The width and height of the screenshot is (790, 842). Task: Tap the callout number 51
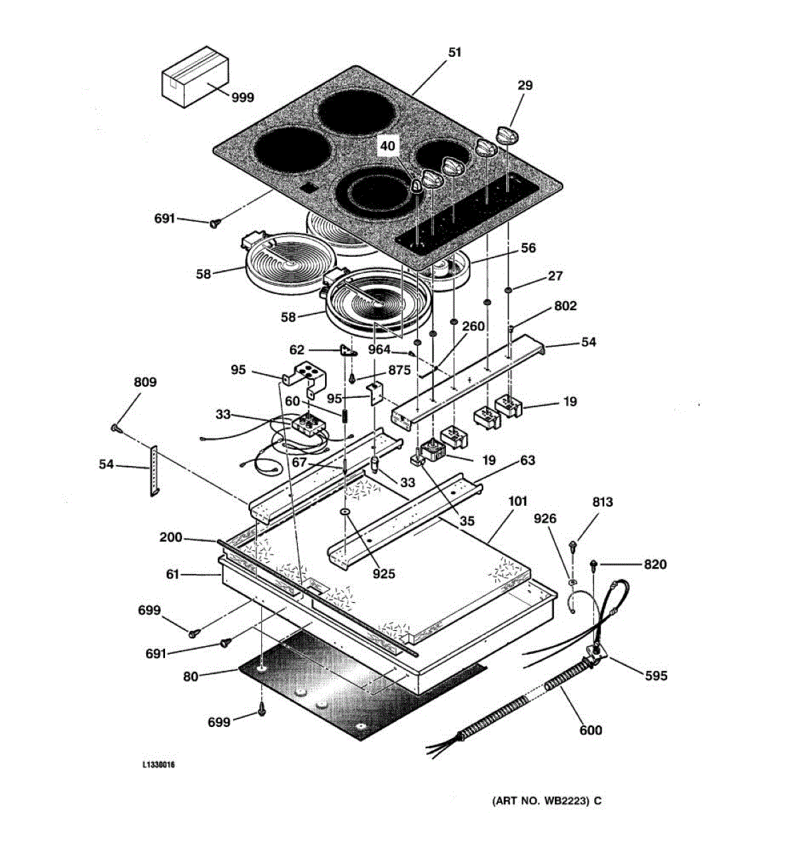(x=455, y=52)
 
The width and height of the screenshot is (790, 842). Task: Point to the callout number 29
(x=525, y=86)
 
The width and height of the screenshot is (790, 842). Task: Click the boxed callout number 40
(x=388, y=146)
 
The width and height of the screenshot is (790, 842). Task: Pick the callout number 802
(x=565, y=306)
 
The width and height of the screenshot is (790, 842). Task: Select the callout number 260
(x=473, y=326)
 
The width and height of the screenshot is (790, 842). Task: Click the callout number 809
(x=145, y=382)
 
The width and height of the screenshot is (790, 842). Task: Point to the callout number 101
(x=518, y=502)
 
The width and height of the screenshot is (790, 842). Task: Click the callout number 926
(x=545, y=519)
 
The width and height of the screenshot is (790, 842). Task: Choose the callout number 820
(x=655, y=564)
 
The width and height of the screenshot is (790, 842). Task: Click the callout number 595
(x=656, y=676)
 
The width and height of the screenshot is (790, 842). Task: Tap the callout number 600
(x=591, y=730)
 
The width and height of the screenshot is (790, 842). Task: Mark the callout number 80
(x=190, y=677)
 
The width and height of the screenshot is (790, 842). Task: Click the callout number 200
(x=171, y=537)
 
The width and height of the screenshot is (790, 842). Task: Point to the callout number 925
(x=383, y=574)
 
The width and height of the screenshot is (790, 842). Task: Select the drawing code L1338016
(x=159, y=765)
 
